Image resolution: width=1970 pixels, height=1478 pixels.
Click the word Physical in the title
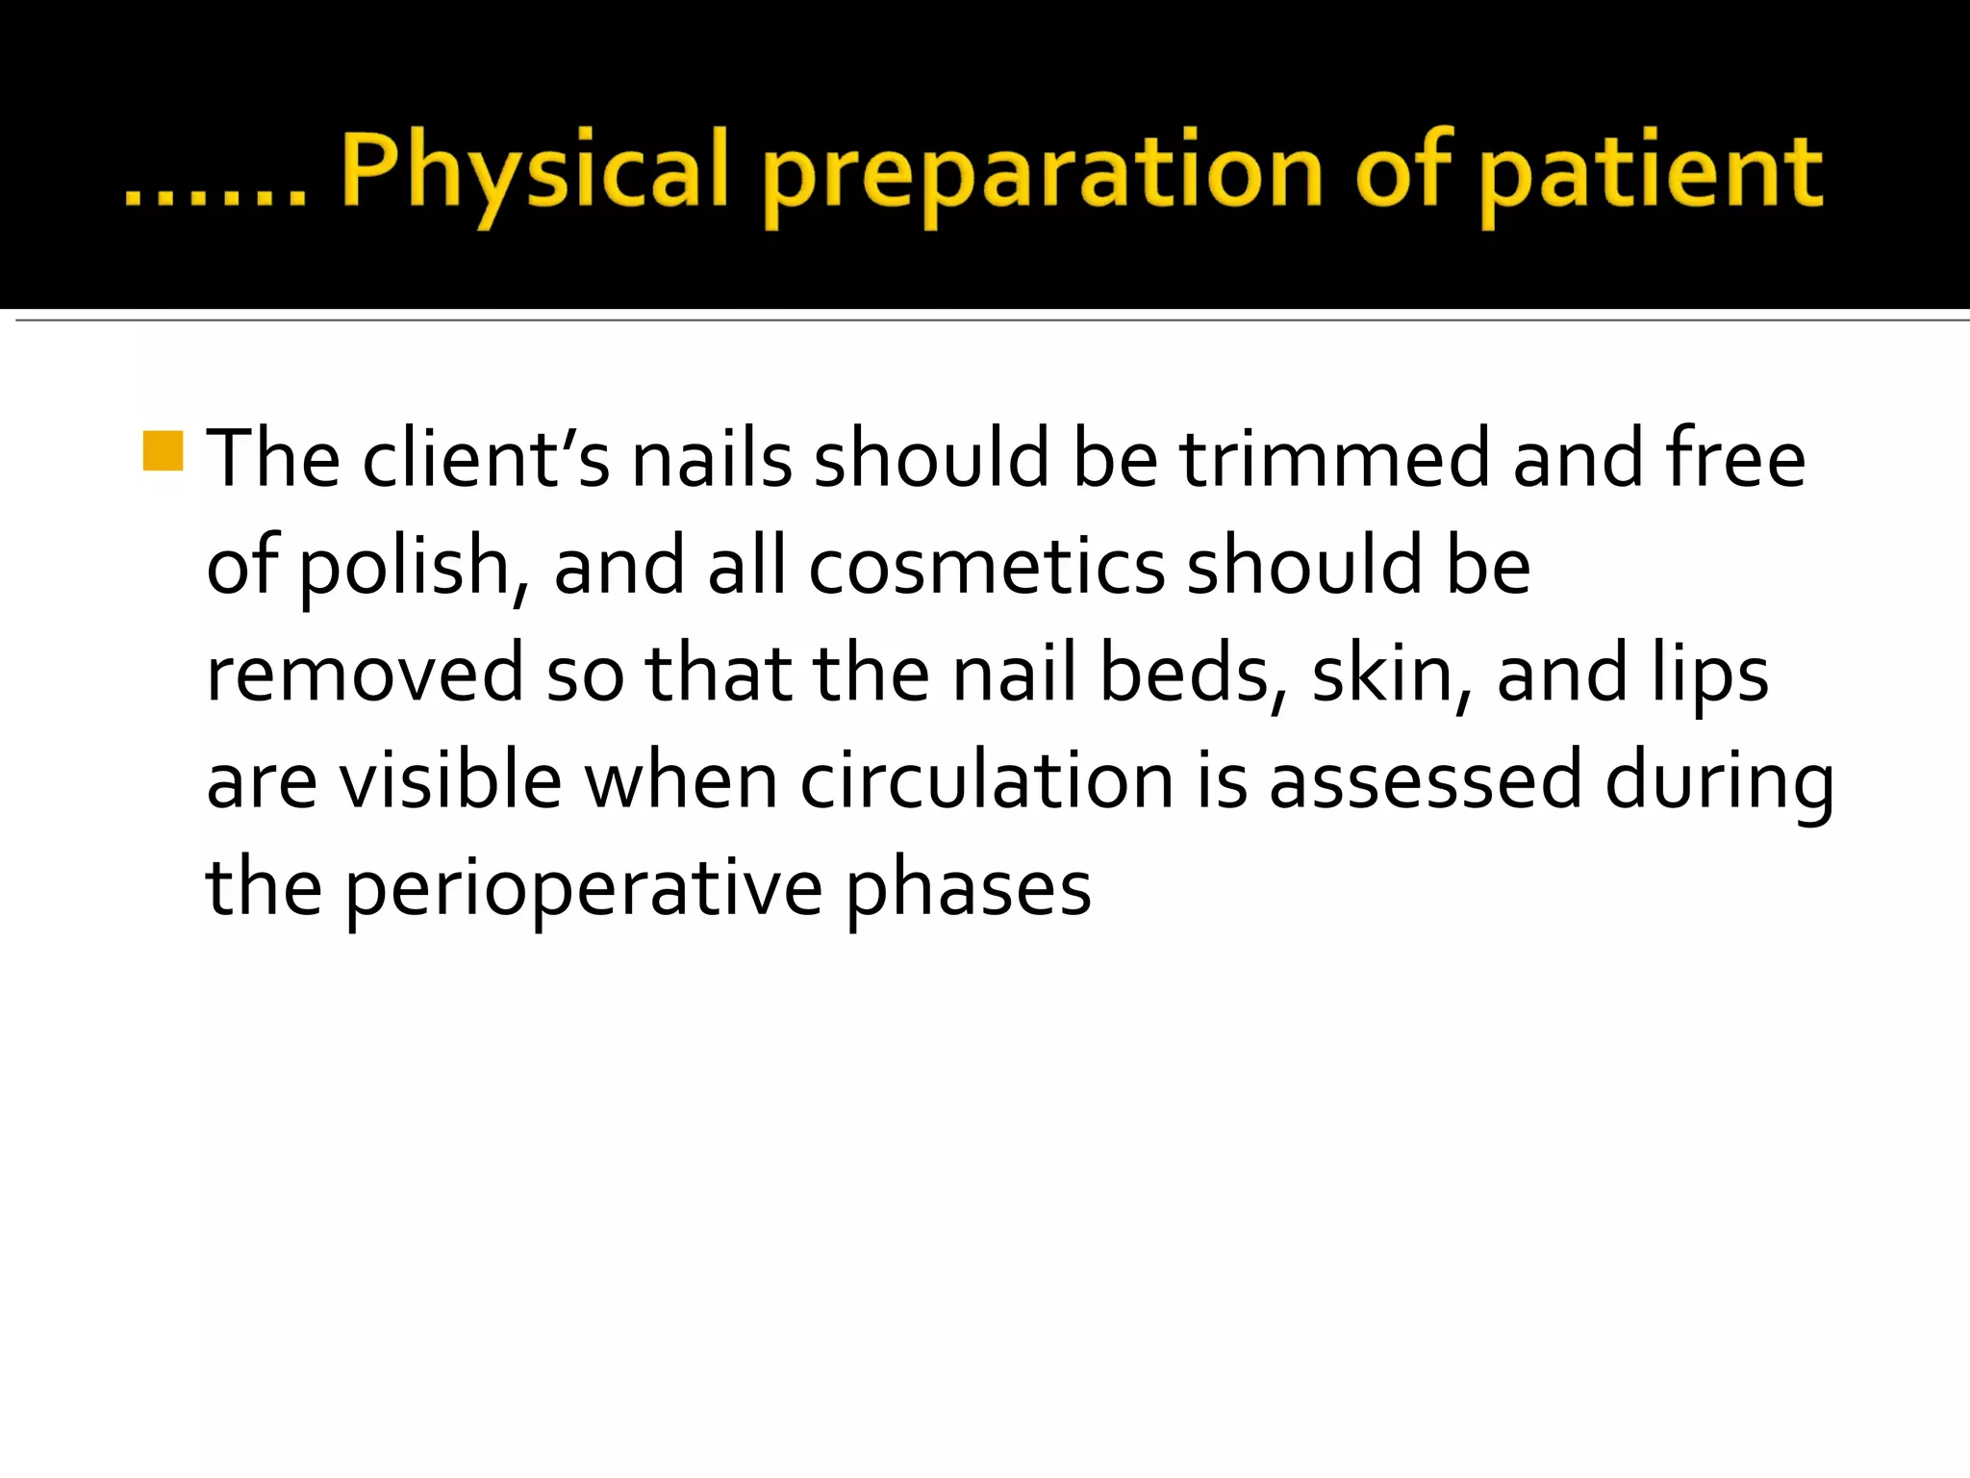coord(534,173)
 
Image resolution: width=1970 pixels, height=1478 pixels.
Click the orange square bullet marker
coord(163,451)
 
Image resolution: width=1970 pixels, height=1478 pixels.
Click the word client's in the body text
coord(486,459)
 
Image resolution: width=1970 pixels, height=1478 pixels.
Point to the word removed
coord(365,674)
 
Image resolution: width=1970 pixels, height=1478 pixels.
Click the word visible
coord(451,780)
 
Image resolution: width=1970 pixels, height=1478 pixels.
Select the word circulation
coord(987,780)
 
